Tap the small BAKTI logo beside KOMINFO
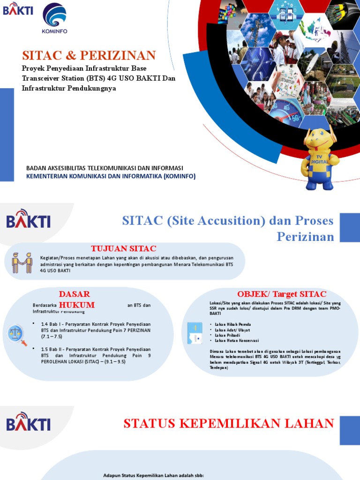[18, 9]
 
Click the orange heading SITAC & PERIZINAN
[89, 55]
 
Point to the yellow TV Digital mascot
[320, 158]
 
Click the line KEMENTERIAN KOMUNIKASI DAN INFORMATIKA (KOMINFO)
[111, 176]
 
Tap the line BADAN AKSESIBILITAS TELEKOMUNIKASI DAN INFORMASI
[105, 168]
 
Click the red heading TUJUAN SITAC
[123, 248]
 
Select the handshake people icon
[22, 262]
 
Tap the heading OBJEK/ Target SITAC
[281, 294]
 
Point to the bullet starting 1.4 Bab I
[96, 330]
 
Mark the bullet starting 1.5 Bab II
[96, 355]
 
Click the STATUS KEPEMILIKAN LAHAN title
[228, 424]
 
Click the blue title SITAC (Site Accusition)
[228, 228]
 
